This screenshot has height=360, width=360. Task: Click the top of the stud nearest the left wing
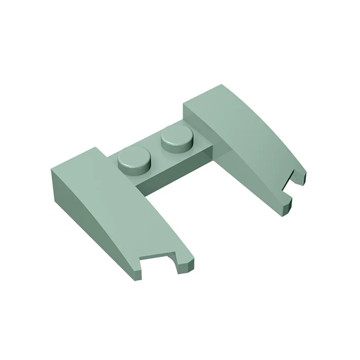coord(134,156)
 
